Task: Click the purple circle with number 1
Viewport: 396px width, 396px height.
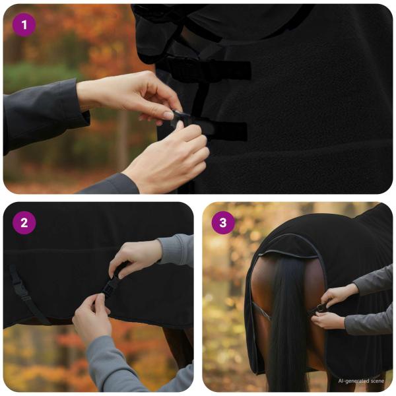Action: pos(24,25)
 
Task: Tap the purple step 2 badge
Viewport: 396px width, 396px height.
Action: pos(24,223)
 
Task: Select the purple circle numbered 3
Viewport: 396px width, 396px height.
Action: pos(223,223)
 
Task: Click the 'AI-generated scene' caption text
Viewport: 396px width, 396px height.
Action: pos(360,381)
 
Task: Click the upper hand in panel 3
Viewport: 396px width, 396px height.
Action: pos(340,294)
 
